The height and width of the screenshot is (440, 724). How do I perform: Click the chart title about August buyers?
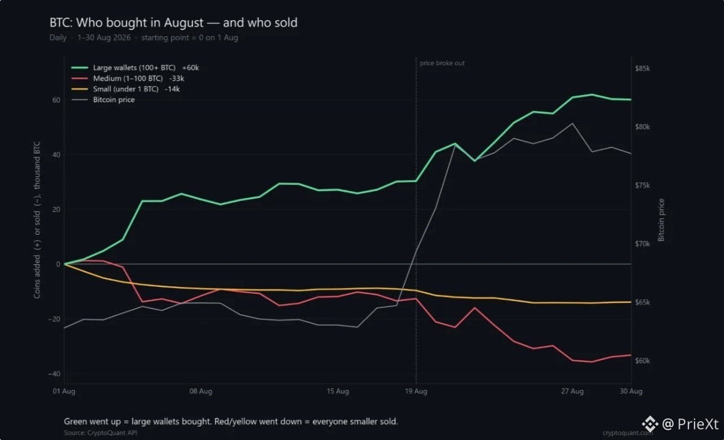tap(173, 23)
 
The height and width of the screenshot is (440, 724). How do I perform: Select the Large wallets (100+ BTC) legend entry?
tap(135, 68)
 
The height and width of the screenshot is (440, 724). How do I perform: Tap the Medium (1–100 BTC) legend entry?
tap(128, 79)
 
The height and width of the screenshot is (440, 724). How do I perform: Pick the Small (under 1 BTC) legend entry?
tap(125, 89)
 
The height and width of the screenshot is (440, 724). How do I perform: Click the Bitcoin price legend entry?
tap(103, 100)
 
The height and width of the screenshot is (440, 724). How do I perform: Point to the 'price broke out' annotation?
tap(442, 63)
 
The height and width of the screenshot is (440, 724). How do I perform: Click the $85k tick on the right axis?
tap(642, 68)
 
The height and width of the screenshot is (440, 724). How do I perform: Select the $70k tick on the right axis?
tap(642, 244)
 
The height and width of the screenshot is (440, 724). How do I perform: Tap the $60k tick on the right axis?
tap(642, 361)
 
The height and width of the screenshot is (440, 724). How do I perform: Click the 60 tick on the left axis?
tap(57, 100)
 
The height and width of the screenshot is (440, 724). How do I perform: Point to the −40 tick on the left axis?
tap(55, 374)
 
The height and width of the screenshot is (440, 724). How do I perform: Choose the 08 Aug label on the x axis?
tap(201, 391)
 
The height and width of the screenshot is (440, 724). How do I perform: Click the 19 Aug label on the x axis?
tap(416, 391)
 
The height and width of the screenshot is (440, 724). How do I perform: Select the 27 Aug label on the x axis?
tap(572, 391)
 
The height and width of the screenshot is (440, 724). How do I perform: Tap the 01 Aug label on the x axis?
tap(64, 391)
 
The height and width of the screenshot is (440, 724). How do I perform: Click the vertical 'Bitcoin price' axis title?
tap(661, 220)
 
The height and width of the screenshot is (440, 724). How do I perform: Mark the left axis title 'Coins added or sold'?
tap(37, 220)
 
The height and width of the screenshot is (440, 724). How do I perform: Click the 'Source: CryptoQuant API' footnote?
tap(101, 433)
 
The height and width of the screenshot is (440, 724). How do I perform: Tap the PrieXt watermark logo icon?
tap(650, 423)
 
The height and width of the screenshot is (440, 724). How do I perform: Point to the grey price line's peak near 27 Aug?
tap(573, 124)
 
